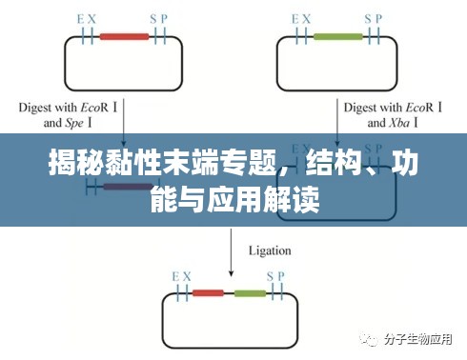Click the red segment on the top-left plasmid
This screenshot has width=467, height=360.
click(123, 37)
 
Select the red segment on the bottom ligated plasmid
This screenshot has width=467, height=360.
click(208, 292)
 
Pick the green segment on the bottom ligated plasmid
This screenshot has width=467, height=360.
click(251, 292)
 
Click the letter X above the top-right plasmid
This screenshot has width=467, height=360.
click(306, 18)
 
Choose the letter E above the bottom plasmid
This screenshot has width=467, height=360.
click(174, 274)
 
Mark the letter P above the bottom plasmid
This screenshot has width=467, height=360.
click(282, 274)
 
